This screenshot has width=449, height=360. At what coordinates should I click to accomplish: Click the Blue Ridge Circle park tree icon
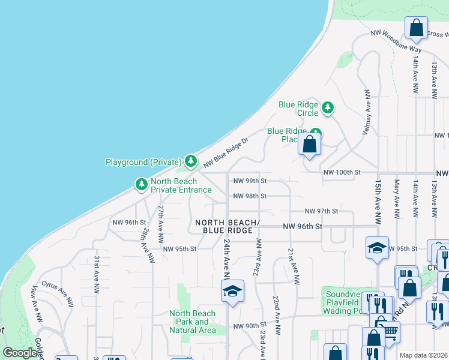click(327, 108)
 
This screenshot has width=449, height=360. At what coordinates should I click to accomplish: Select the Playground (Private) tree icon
click(191, 161)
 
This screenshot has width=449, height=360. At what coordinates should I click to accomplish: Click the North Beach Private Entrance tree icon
click(141, 184)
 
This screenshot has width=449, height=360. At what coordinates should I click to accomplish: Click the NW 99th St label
click(249, 181)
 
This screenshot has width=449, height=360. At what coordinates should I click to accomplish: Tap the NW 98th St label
click(249, 196)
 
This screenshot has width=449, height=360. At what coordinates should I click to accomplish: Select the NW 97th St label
click(321, 211)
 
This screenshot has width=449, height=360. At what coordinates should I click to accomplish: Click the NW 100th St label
click(341, 172)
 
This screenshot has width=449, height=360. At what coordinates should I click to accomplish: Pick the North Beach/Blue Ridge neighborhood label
click(227, 226)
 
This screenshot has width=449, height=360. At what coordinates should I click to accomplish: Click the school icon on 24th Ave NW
click(232, 292)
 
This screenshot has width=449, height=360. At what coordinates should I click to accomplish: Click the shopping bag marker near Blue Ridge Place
click(310, 144)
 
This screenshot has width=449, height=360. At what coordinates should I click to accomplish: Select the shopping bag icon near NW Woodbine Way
click(415, 28)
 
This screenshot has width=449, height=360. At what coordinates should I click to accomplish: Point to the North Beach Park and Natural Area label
click(192, 322)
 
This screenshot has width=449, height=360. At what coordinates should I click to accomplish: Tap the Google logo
click(20, 353)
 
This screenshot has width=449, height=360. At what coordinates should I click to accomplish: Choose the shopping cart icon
click(390, 330)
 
